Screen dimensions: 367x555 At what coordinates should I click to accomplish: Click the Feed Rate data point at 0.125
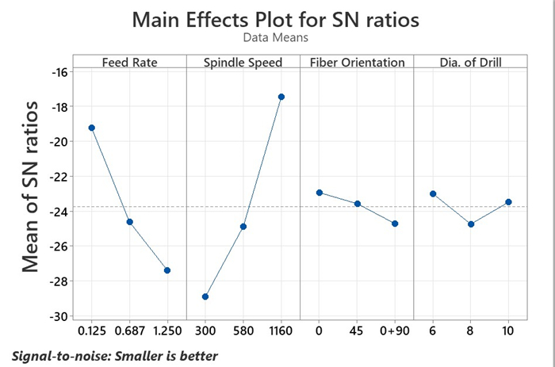pos(92,128)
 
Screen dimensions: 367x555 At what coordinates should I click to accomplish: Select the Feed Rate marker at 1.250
pos(167,270)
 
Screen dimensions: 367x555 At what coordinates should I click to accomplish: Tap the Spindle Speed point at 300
pos(205,296)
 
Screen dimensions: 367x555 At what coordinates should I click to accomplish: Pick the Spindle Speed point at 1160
pos(281,97)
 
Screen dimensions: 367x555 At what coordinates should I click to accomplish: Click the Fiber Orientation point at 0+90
pos(395,224)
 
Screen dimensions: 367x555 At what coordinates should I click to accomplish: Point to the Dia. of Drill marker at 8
pos(471,224)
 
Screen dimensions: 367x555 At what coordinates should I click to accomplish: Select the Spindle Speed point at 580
pos(243,227)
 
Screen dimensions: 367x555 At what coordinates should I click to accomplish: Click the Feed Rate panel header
pos(128,63)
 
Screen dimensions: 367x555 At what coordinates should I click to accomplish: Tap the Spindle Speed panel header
pos(243,63)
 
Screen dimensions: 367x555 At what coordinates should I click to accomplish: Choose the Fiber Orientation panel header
pos(357,63)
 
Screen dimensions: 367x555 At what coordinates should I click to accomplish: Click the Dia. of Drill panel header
pos(470,63)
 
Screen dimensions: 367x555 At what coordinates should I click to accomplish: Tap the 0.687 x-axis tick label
pos(129,330)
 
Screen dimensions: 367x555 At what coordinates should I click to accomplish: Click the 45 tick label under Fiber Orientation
pos(357,330)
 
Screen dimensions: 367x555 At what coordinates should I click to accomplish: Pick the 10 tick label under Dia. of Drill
pos(508,330)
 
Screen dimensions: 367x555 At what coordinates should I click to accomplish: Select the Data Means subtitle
pos(276,37)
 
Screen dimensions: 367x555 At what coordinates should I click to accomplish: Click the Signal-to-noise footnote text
pos(115,355)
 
